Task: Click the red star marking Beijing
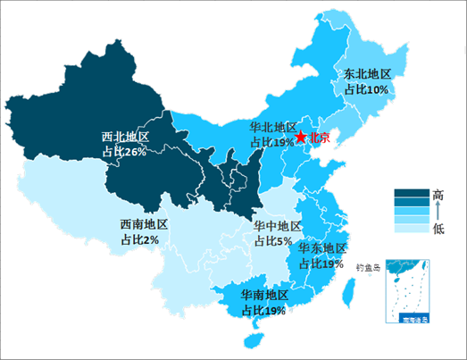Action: point(301,137)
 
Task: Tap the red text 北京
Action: point(319,138)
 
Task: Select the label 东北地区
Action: point(368,74)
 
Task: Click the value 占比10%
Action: point(365,89)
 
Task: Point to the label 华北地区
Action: point(271,127)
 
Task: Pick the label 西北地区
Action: point(125,138)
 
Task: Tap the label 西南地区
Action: point(144,225)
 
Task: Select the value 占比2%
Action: point(139,240)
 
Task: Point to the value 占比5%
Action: point(273,242)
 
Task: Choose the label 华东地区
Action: point(322,248)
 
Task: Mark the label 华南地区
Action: point(264,295)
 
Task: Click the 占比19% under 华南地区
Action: point(263,310)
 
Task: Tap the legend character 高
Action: point(438,194)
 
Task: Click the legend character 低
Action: point(438,229)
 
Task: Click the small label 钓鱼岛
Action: point(367,266)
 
